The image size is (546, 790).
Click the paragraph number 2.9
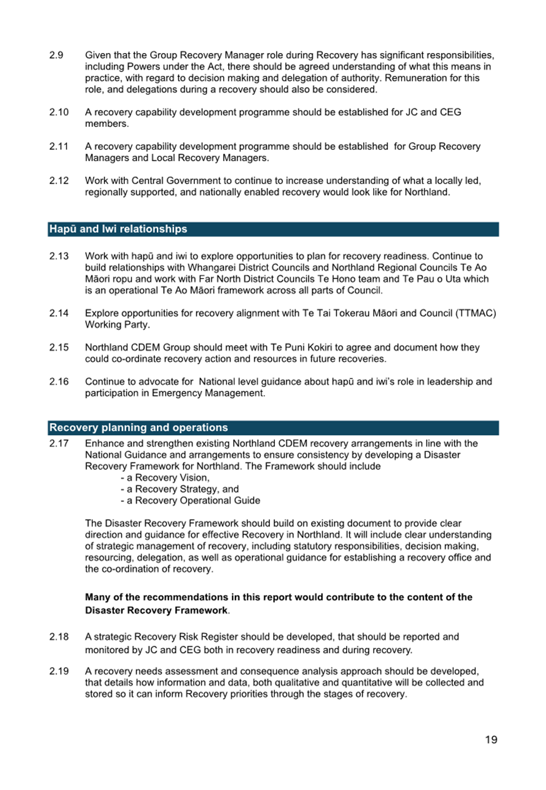[56, 55]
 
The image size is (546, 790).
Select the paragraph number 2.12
[59, 181]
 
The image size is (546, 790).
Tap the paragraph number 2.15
[59, 347]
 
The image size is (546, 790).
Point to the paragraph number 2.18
[59, 637]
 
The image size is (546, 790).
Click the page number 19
[491, 740]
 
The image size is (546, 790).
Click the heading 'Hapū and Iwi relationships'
[118, 229]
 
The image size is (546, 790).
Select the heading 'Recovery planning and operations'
[138, 427]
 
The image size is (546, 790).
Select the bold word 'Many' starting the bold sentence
[98, 597]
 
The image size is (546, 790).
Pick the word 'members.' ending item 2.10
[107, 123]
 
